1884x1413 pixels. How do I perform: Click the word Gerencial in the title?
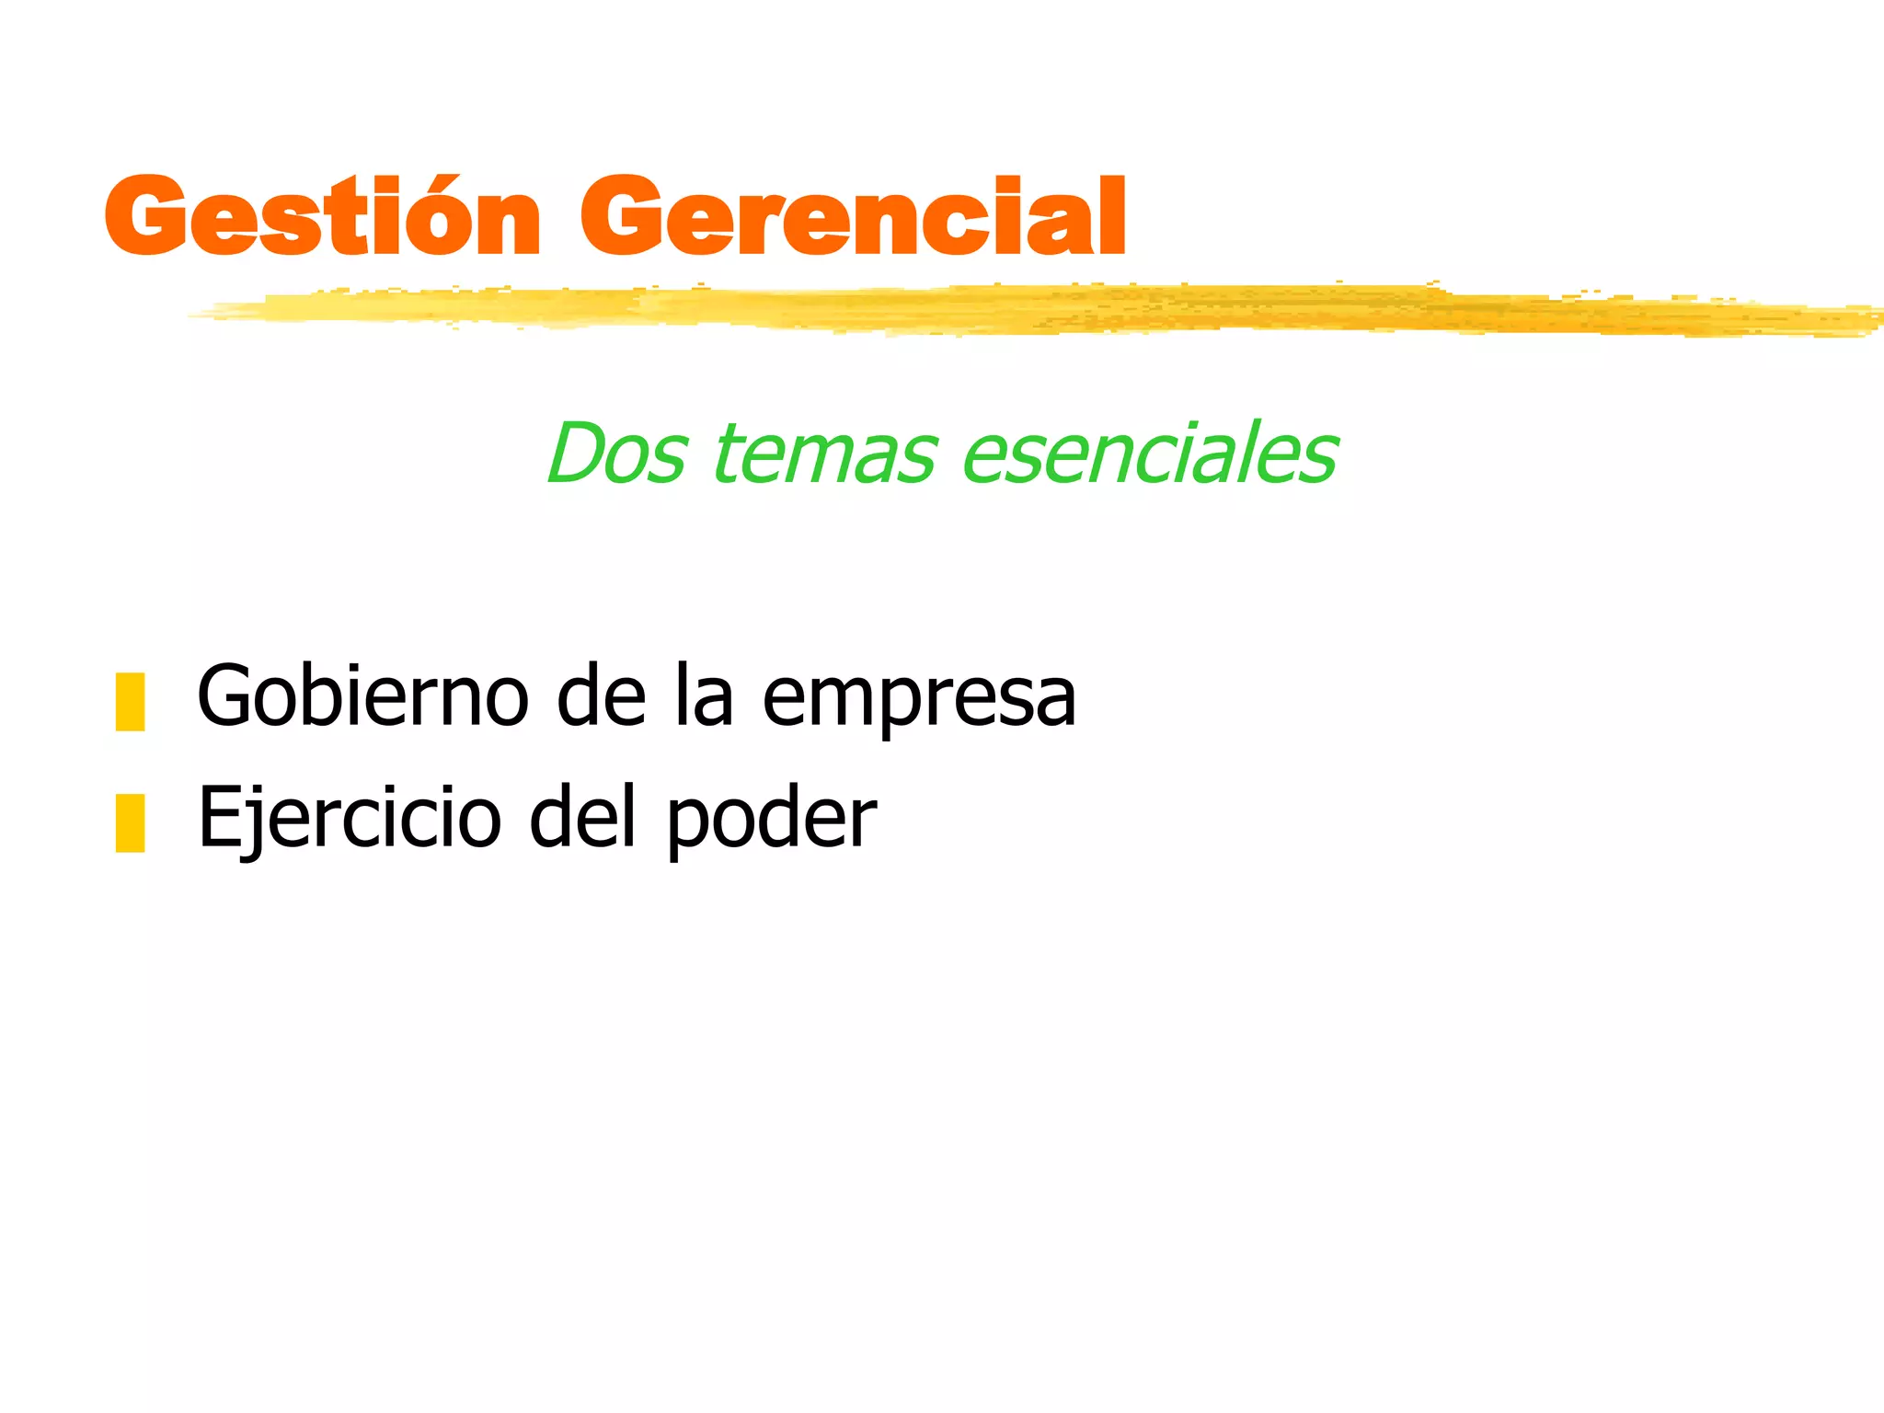pyautogui.click(x=852, y=217)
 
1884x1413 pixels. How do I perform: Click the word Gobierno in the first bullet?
pyautogui.click(x=362, y=697)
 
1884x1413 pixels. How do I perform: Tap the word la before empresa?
pyautogui.click(x=704, y=697)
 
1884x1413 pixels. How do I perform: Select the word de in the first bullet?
pyautogui.click(x=602, y=697)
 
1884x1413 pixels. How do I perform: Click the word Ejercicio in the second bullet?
pyautogui.click(x=350, y=819)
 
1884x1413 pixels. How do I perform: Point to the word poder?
pyautogui.click(x=771, y=823)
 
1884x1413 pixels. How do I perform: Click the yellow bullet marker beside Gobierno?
pyautogui.click(x=130, y=702)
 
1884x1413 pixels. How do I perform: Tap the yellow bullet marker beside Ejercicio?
pyautogui.click(x=130, y=823)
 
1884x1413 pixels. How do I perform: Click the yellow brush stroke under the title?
pyautogui.click(x=1012, y=309)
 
